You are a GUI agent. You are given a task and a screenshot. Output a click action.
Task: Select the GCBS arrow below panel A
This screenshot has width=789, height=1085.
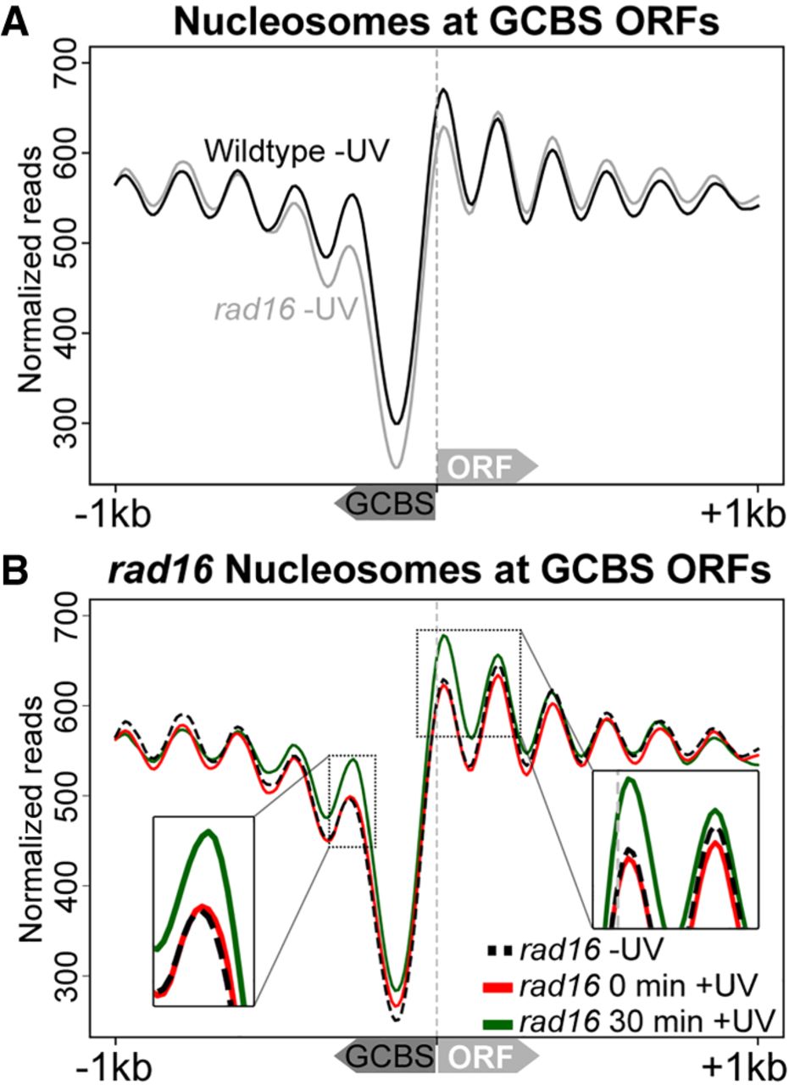pyautogui.click(x=386, y=505)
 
